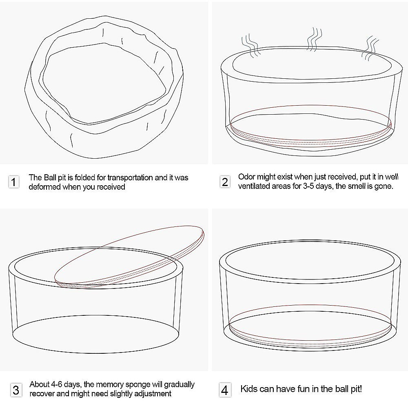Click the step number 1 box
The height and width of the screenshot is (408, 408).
pos(14,182)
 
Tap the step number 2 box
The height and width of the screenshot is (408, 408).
pos(225,182)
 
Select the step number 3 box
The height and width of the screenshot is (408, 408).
pos(16,390)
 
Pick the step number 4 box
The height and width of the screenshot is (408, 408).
pos(224,390)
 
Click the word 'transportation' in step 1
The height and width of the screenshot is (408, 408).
pos(130,178)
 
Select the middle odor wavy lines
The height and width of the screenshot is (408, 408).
pos(314,39)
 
